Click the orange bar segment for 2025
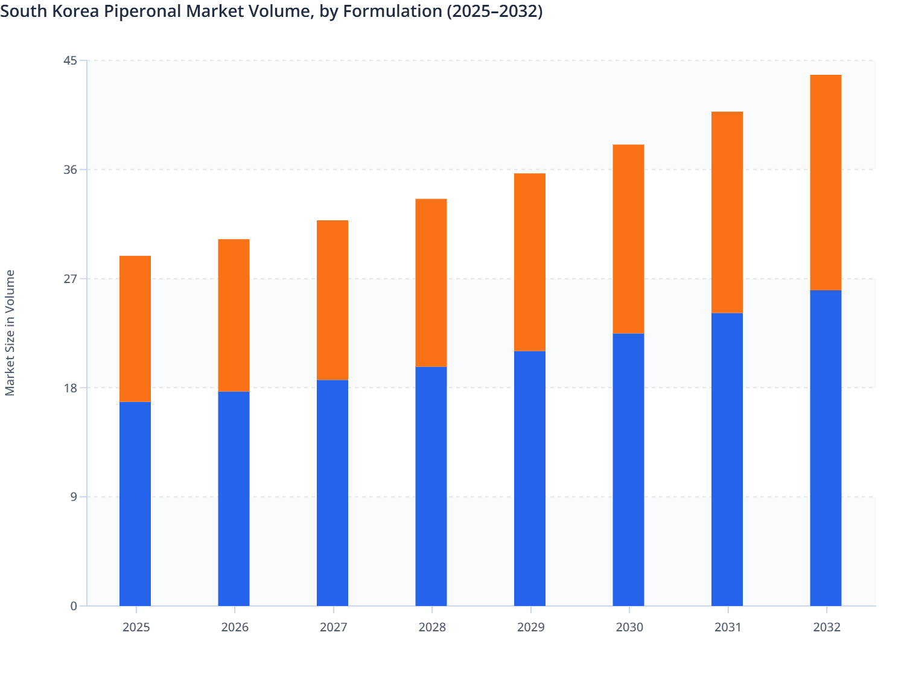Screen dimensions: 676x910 135,329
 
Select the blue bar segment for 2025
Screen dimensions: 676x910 135,504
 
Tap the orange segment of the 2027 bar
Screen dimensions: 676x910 332,300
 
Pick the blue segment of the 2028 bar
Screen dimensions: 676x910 431,486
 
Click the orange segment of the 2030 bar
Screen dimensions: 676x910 628,239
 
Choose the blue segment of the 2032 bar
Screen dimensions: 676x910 826,448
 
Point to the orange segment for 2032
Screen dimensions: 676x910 826,182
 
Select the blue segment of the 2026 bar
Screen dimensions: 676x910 234,499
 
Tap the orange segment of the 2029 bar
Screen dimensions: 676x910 530,262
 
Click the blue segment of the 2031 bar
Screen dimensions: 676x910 727,459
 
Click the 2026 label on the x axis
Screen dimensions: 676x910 235,627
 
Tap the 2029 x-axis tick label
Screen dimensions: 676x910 530,627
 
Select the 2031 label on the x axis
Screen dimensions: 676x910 728,627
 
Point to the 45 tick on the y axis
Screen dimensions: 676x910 70,60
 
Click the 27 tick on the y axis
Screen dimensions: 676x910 70,279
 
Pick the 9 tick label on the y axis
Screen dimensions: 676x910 74,497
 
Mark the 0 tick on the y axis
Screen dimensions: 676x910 74,606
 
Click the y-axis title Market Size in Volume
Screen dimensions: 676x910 10,333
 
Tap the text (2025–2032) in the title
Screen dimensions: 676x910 494,11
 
